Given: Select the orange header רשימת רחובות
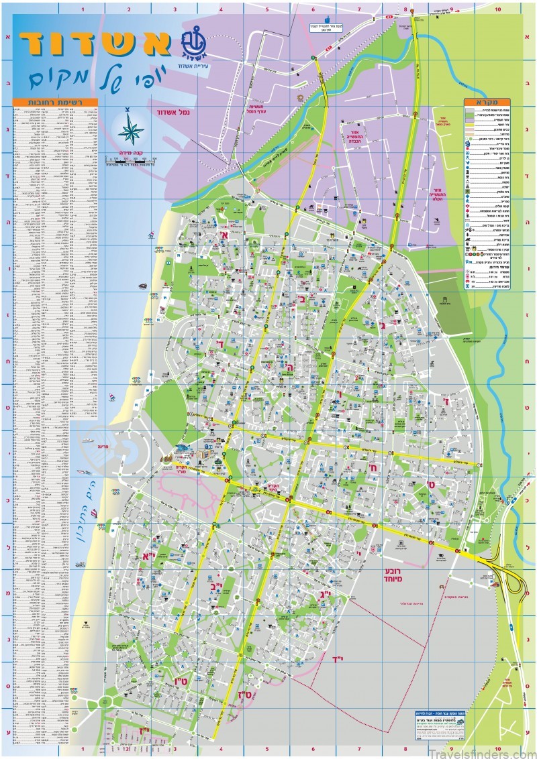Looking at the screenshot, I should pyautogui.click(x=55, y=103).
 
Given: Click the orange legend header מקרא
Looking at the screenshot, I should pyautogui.click(x=492, y=102).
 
